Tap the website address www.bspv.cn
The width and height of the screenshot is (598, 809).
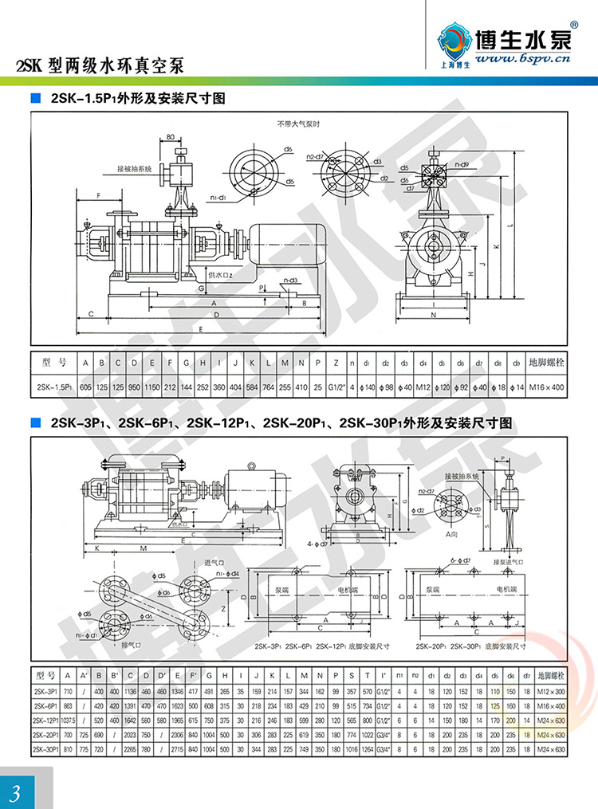[x=522, y=58]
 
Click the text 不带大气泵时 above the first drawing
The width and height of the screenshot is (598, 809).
[x=298, y=124]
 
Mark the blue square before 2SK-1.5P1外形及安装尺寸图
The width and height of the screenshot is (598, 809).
[x=35, y=99]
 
